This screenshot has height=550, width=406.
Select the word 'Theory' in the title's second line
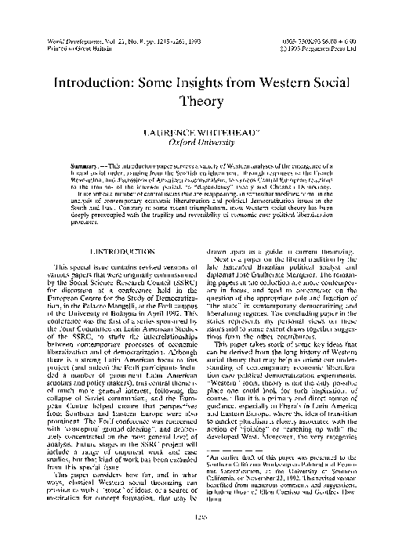click(202, 103)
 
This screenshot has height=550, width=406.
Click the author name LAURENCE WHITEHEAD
click(201, 134)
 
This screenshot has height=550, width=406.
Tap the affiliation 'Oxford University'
click(202, 144)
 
